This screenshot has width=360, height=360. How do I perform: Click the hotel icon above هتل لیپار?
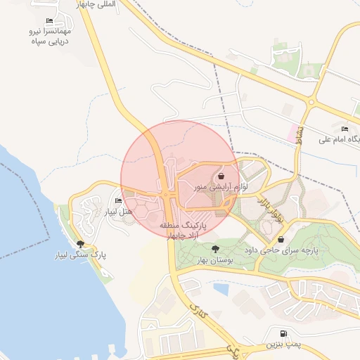click(117, 201)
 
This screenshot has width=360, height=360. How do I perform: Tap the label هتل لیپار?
click(117, 211)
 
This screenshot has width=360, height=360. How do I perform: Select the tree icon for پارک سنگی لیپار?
click(81, 243)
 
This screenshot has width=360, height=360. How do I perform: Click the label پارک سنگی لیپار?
click(81, 254)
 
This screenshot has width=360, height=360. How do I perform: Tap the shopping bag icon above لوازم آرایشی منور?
click(221, 176)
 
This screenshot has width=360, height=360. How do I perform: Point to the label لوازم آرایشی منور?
click(220, 188)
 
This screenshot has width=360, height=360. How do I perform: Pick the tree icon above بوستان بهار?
click(214, 249)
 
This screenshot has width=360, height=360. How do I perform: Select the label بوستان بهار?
click(214, 259)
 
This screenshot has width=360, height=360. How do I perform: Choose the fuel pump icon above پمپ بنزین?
click(283, 333)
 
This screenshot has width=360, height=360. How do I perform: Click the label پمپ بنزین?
click(282, 345)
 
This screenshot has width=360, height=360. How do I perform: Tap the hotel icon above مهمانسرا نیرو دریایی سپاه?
click(49, 21)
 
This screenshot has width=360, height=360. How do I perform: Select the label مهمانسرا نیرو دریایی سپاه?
click(49, 37)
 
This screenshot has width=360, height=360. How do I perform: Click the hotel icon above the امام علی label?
click(345, 129)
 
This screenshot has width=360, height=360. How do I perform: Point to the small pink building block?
click(292, 131)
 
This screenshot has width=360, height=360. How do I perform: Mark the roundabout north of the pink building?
click(311, 103)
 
